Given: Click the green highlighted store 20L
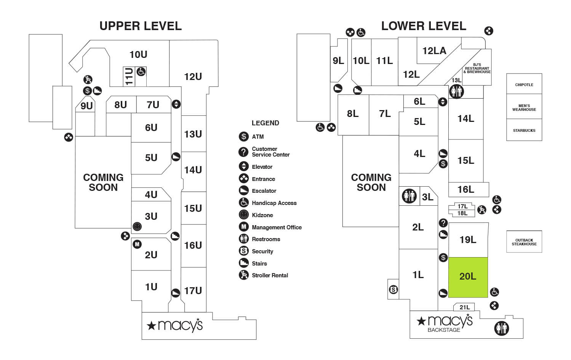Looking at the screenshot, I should pyautogui.click(x=468, y=277).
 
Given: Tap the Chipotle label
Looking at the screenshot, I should pyautogui.click(x=524, y=85).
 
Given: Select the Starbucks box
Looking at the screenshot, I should pyautogui.click(x=524, y=130).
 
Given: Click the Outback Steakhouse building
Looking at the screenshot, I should pyautogui.click(x=524, y=242).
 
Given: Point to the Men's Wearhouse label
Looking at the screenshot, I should pyautogui.click(x=524, y=108).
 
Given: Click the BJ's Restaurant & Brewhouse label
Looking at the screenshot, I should pyautogui.click(x=477, y=68).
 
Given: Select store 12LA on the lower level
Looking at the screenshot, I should pyautogui.click(x=434, y=51).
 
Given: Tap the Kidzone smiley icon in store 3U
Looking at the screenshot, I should pyautogui.click(x=137, y=227).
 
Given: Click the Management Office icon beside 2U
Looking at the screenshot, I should pyautogui.click(x=137, y=244).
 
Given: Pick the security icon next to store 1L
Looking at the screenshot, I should pyautogui.click(x=393, y=290).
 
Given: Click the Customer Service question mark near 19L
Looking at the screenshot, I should pyautogui.click(x=443, y=223).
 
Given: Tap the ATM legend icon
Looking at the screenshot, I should pyautogui.click(x=244, y=136).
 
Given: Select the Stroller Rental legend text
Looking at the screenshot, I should pyautogui.click(x=270, y=275).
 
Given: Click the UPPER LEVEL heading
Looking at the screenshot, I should pyautogui.click(x=141, y=26).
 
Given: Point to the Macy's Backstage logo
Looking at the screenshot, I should pyautogui.click(x=445, y=323).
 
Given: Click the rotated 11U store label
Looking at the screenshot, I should pyautogui.click(x=129, y=76).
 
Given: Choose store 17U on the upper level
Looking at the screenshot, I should pyautogui.click(x=193, y=291).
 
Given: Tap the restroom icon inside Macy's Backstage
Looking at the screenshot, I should pyautogui.click(x=501, y=328).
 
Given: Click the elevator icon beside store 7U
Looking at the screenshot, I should pyautogui.click(x=176, y=104).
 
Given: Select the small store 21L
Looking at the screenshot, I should pyautogui.click(x=464, y=307).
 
